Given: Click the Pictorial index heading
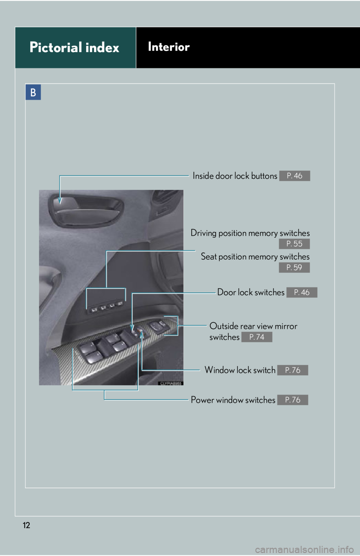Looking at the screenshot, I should [x=74, y=48].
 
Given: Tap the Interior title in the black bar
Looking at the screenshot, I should [x=169, y=47].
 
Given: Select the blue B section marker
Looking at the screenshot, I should [x=33, y=92].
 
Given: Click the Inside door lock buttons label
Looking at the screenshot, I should [x=235, y=176].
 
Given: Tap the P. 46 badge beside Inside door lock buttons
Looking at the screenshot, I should [x=294, y=176].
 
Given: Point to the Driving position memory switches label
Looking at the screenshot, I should [x=250, y=233].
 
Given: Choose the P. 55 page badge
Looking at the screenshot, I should [x=294, y=244].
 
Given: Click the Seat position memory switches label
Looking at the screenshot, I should [x=255, y=257].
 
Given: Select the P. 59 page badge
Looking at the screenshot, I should [x=294, y=268].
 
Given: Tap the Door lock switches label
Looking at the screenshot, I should [x=250, y=292].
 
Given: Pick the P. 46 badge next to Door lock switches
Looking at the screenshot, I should [x=302, y=292].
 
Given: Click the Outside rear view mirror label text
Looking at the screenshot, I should [x=253, y=326].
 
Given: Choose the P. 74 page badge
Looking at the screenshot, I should [x=257, y=337].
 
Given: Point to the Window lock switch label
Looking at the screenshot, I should [x=240, y=370].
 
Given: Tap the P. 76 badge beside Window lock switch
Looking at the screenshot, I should [x=293, y=370].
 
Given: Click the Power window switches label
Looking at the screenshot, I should [x=233, y=400].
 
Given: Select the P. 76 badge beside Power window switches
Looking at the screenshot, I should [x=293, y=400].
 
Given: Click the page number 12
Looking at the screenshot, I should [x=26, y=525].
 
